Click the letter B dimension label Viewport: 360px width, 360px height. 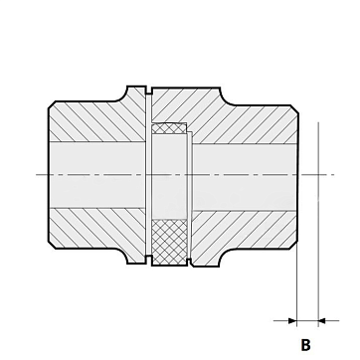[x=305, y=345]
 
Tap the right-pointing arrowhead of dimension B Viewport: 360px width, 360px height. [x=292, y=320]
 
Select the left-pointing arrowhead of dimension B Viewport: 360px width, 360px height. [x=322, y=320]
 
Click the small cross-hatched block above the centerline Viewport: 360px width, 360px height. [x=169, y=128]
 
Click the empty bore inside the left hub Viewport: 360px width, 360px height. [x=97, y=175]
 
